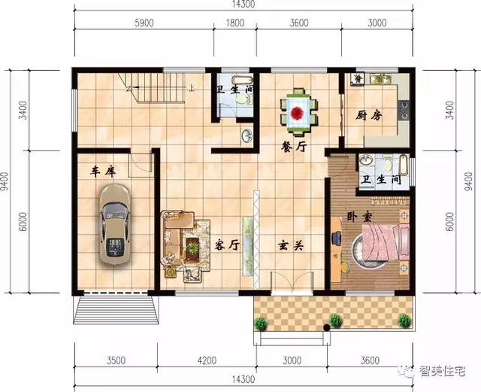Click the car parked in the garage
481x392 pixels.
114,224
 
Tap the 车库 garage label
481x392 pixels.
103,172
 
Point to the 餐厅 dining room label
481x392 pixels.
294,147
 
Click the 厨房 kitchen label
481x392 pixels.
369,116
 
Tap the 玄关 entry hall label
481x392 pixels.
291,245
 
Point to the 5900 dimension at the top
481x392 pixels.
144,23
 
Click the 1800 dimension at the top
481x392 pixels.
235,23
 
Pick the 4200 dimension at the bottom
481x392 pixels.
207,360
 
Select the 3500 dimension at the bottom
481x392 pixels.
116,360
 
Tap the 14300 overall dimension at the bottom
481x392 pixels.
243,379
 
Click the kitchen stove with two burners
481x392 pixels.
404,111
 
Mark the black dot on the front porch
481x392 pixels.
327,328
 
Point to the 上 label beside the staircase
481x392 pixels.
192,89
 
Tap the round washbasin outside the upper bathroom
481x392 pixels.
246,135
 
